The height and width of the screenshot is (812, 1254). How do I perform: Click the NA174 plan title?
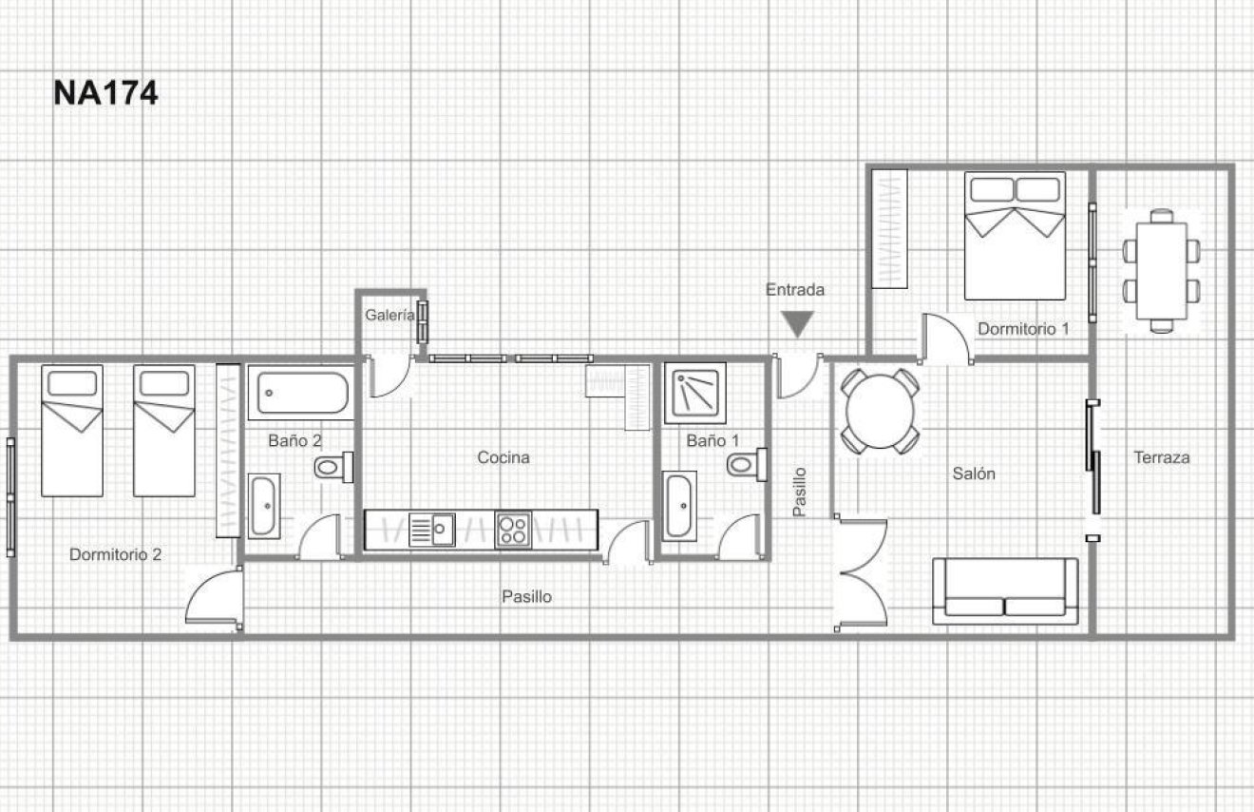pos(105,92)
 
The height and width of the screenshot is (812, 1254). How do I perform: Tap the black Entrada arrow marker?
pos(797,324)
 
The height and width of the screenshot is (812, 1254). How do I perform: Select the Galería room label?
pos(389,315)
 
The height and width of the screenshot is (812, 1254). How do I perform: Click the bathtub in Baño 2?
pos(301,393)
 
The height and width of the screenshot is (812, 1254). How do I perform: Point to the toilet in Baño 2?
pos(333,466)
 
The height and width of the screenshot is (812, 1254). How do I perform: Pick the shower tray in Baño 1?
pos(695,393)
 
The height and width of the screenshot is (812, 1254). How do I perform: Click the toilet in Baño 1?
pos(747,465)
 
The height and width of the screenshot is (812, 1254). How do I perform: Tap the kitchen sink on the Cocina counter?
pos(431,530)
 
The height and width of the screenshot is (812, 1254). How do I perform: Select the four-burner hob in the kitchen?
pos(513,531)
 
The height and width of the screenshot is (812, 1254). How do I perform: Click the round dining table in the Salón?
pos(880,412)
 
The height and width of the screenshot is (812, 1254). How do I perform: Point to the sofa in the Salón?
pos(1005,591)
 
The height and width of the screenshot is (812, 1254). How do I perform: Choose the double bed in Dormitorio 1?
pos(1015,236)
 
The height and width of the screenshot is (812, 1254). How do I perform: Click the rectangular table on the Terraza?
pos(1162,271)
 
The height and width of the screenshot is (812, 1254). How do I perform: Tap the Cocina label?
pos(503,457)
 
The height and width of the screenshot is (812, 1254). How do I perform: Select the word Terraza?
pos(1162,457)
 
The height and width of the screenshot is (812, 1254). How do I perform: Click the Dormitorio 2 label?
pos(115,554)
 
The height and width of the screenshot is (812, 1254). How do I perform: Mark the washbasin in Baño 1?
pos(679,506)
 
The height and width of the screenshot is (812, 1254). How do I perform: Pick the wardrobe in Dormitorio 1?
pos(889,228)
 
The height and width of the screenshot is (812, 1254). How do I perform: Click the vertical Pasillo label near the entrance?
pos(800,492)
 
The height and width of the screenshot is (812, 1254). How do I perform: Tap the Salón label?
pos(974,474)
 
